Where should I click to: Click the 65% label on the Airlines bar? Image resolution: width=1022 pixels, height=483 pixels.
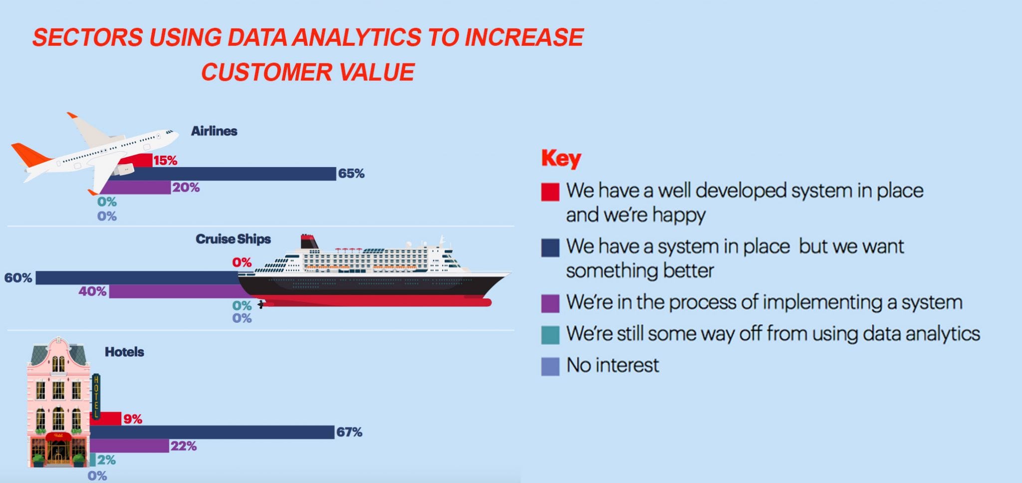point(351,174)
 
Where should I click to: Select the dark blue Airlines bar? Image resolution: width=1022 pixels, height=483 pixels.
point(230,174)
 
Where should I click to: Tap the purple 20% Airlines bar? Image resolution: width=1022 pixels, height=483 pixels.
point(135,188)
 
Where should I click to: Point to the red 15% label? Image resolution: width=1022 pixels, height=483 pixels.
point(165,160)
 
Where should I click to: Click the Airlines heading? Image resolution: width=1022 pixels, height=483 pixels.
point(214,131)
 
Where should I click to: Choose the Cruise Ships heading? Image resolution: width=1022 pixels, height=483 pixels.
point(233,239)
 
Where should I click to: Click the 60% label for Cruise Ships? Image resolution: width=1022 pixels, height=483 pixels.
point(18,278)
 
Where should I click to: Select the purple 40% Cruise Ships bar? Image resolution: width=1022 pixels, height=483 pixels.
point(175,291)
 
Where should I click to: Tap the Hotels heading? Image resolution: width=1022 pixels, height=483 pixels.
point(124,352)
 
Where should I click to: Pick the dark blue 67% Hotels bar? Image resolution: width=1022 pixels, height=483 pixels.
point(212,432)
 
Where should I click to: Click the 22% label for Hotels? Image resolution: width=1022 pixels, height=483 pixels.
point(184,446)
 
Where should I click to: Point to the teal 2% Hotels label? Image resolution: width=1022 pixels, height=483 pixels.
point(106,460)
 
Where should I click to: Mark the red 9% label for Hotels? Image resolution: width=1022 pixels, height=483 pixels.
point(133,419)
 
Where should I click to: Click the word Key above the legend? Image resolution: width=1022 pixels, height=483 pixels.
point(561,159)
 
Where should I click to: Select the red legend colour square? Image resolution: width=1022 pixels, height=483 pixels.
point(550,192)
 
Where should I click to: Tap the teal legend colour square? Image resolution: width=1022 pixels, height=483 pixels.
point(550,335)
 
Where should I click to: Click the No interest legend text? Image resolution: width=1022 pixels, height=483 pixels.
point(613,365)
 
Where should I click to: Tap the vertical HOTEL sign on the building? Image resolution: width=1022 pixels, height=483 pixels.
point(96,396)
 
